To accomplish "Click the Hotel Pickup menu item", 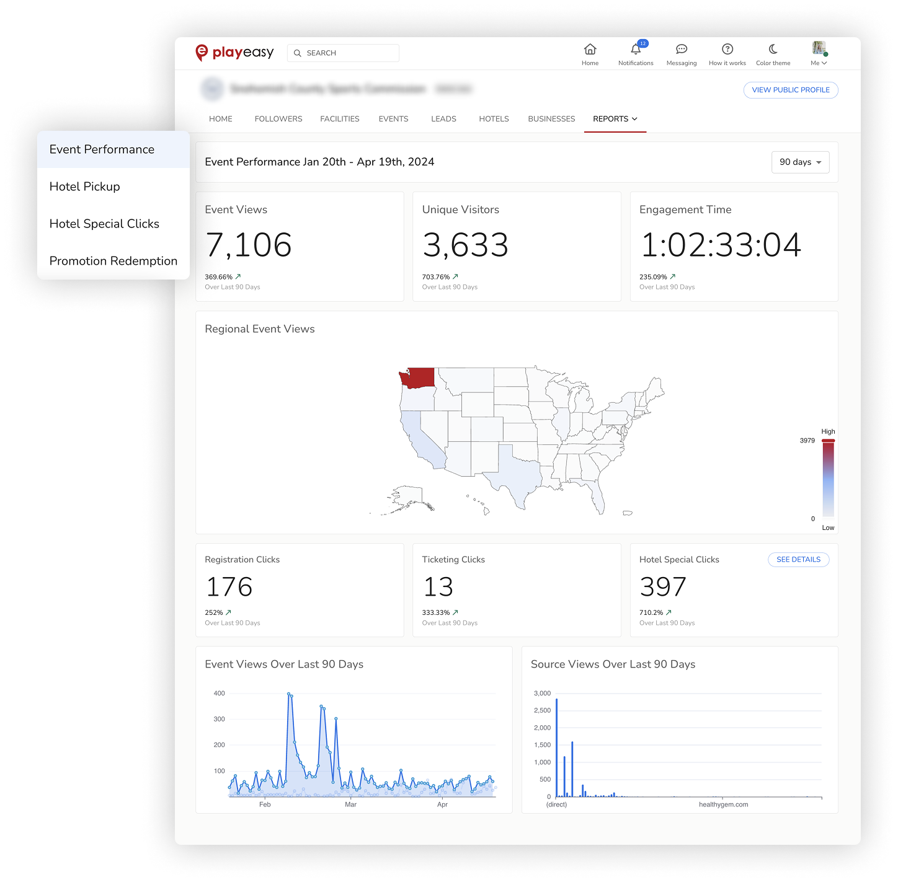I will (85, 187).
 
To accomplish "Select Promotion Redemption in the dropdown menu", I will (113, 261).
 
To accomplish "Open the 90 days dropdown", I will (800, 162).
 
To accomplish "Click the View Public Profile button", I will (791, 90).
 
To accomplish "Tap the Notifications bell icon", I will (636, 50).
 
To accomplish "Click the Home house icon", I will (590, 49).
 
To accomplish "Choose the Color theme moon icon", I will (773, 49).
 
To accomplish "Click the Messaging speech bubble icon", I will (682, 49).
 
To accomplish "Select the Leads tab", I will (443, 119).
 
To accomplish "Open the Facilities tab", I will (340, 119).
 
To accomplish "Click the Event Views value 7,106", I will (249, 245).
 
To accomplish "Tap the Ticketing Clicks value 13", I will (438, 587).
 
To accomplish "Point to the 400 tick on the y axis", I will (219, 694).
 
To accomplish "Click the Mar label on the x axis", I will (350, 805).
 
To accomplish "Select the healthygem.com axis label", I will (723, 805).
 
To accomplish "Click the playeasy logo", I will (234, 53).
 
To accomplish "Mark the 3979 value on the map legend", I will (807, 441).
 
